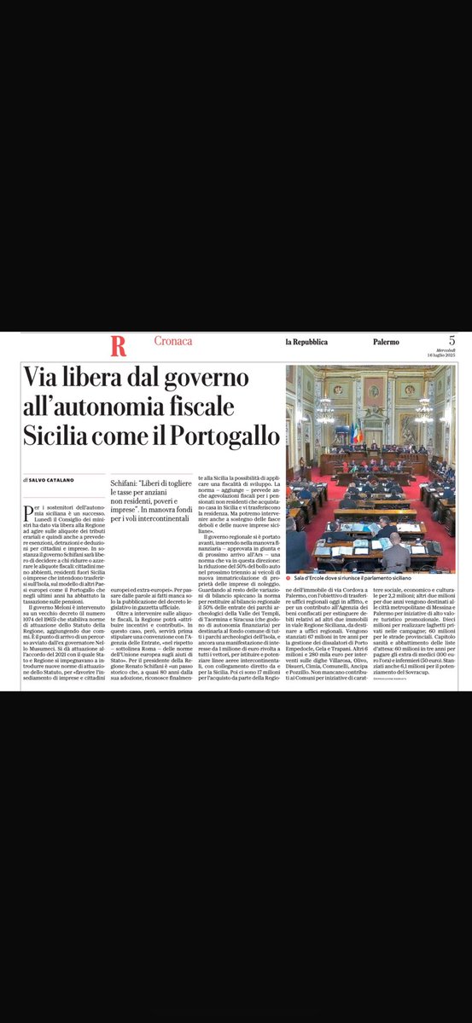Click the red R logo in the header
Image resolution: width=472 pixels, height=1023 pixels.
118,346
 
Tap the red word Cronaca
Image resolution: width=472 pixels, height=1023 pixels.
172,341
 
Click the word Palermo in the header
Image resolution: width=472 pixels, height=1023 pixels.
386,342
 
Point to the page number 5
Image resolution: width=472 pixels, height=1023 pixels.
451,341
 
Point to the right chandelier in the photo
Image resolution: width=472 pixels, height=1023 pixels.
424,411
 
